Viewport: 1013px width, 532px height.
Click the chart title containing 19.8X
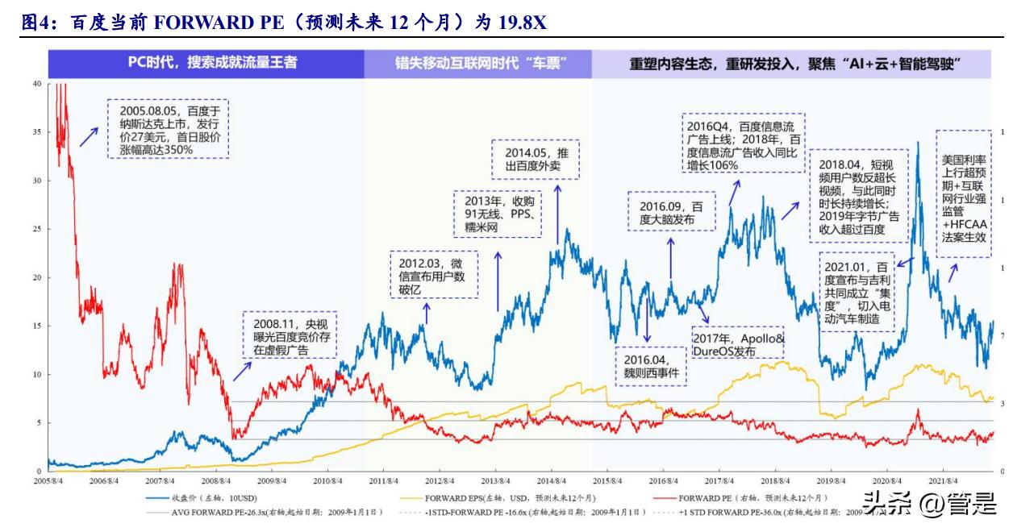tap(282, 23)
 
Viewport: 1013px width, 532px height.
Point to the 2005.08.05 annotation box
tap(168, 128)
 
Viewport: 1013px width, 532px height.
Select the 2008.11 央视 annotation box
tap(290, 336)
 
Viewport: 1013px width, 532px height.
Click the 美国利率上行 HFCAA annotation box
tap(964, 193)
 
